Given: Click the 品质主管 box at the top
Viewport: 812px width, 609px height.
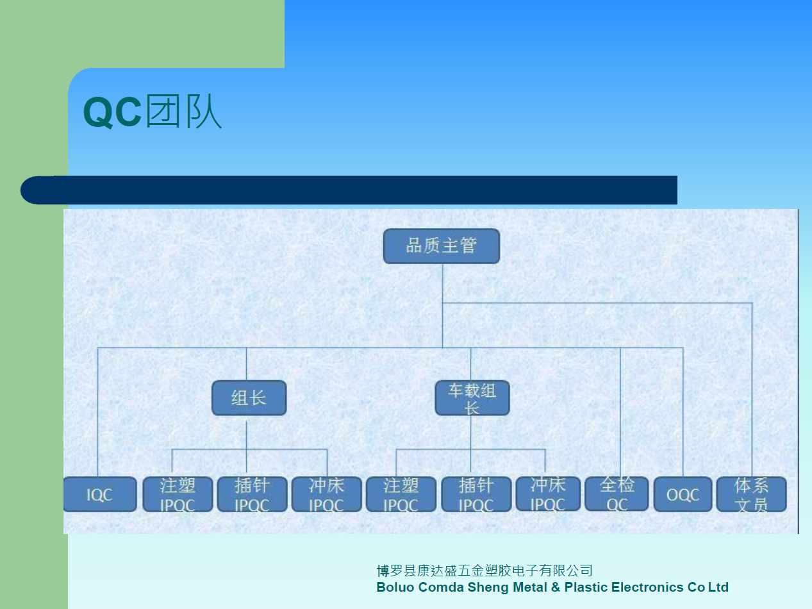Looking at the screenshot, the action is (442, 246).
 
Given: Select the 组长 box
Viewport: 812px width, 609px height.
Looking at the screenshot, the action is (249, 397).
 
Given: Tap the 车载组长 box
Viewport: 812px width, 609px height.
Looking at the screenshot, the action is (472, 397).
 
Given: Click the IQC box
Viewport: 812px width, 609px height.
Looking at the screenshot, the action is (100, 494).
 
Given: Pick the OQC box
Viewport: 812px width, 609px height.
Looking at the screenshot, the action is (683, 494).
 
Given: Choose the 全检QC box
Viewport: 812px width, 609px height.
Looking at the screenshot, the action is (617, 494).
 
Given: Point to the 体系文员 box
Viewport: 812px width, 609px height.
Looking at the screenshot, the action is (752, 494).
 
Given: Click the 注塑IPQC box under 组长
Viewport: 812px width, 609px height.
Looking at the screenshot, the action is (178, 494).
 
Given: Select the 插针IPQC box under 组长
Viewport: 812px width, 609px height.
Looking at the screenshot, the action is (252, 494).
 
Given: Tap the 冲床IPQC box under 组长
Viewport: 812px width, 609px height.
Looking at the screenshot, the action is (327, 494).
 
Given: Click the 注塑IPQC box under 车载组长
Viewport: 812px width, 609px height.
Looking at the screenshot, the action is (401, 494).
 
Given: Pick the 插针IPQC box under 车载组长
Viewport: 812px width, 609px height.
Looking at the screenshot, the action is (476, 494).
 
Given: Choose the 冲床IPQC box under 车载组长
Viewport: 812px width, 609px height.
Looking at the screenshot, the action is (548, 494).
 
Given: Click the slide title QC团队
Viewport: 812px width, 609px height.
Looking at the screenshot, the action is (153, 112).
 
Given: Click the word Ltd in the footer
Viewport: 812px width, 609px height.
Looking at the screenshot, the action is (718, 587).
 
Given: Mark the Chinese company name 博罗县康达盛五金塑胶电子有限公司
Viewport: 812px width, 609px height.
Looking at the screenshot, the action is (485, 571).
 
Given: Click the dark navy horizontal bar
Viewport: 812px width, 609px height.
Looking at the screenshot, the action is (349, 190).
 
